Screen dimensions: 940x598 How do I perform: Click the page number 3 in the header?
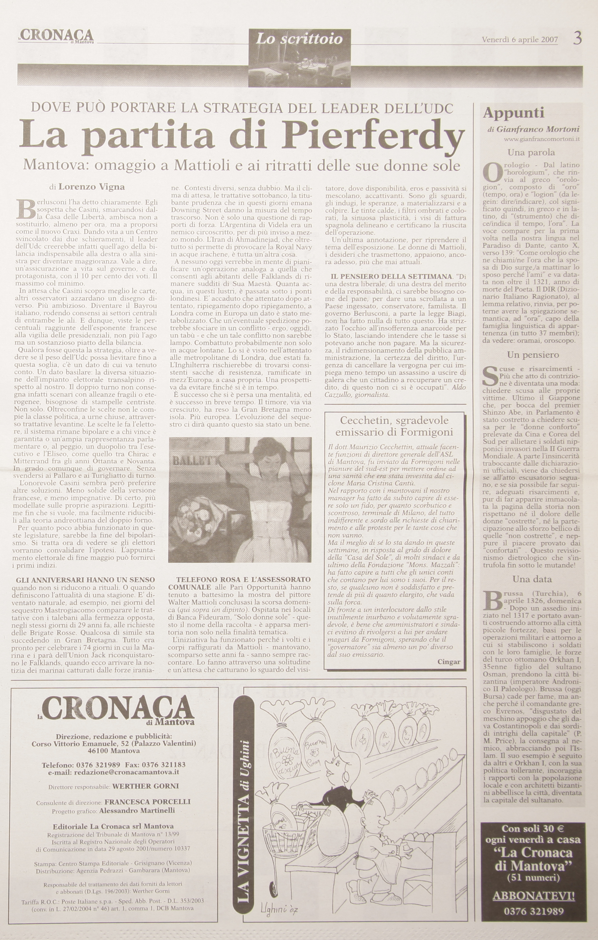coord(578,38)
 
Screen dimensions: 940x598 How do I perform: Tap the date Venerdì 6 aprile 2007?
coord(520,39)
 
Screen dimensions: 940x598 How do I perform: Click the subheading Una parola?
coord(531,152)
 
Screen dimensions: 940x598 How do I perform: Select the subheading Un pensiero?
coord(533,355)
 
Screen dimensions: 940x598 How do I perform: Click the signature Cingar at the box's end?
coord(448,662)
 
